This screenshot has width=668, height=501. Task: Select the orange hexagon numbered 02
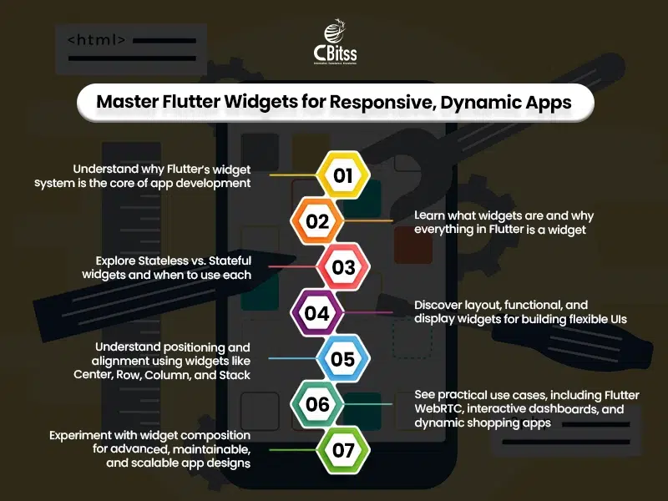(317, 222)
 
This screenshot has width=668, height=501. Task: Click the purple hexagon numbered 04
(317, 314)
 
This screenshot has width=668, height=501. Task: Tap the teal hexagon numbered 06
(317, 406)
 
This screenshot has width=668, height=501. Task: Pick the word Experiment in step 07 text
(83, 435)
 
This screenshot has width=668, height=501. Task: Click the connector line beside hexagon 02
(367, 221)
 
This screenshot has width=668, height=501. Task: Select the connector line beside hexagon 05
(288, 360)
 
